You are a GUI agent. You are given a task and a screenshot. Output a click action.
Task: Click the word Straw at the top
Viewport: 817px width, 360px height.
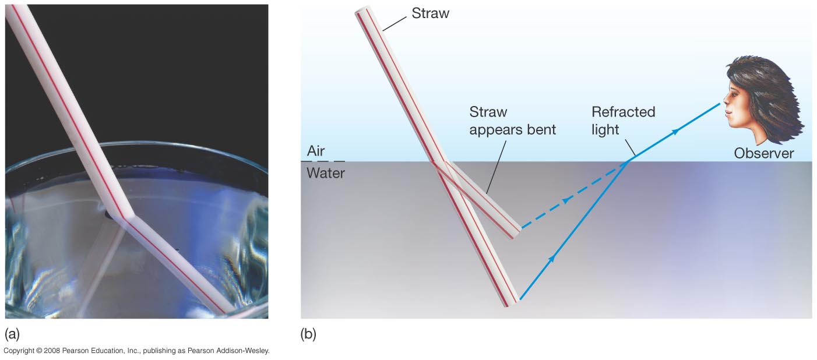point(431,13)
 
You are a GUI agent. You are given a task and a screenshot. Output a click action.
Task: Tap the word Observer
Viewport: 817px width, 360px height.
point(764,153)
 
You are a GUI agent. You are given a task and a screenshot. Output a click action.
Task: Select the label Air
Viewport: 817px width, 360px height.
point(316,151)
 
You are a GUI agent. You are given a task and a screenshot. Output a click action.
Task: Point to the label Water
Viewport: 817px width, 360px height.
point(325,173)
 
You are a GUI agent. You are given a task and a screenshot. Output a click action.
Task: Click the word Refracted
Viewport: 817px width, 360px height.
point(624,112)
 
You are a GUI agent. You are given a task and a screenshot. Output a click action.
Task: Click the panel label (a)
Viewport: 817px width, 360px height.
point(12,334)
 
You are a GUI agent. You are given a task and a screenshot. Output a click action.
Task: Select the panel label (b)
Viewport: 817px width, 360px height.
point(308,334)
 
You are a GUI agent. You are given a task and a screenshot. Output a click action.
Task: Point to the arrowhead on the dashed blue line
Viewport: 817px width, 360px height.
point(566,200)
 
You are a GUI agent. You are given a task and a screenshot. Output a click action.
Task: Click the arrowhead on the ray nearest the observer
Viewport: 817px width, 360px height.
point(676,131)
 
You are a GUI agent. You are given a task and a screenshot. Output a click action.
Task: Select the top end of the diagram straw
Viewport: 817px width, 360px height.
point(362,10)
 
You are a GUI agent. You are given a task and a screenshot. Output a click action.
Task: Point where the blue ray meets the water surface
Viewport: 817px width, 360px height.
point(628,161)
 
